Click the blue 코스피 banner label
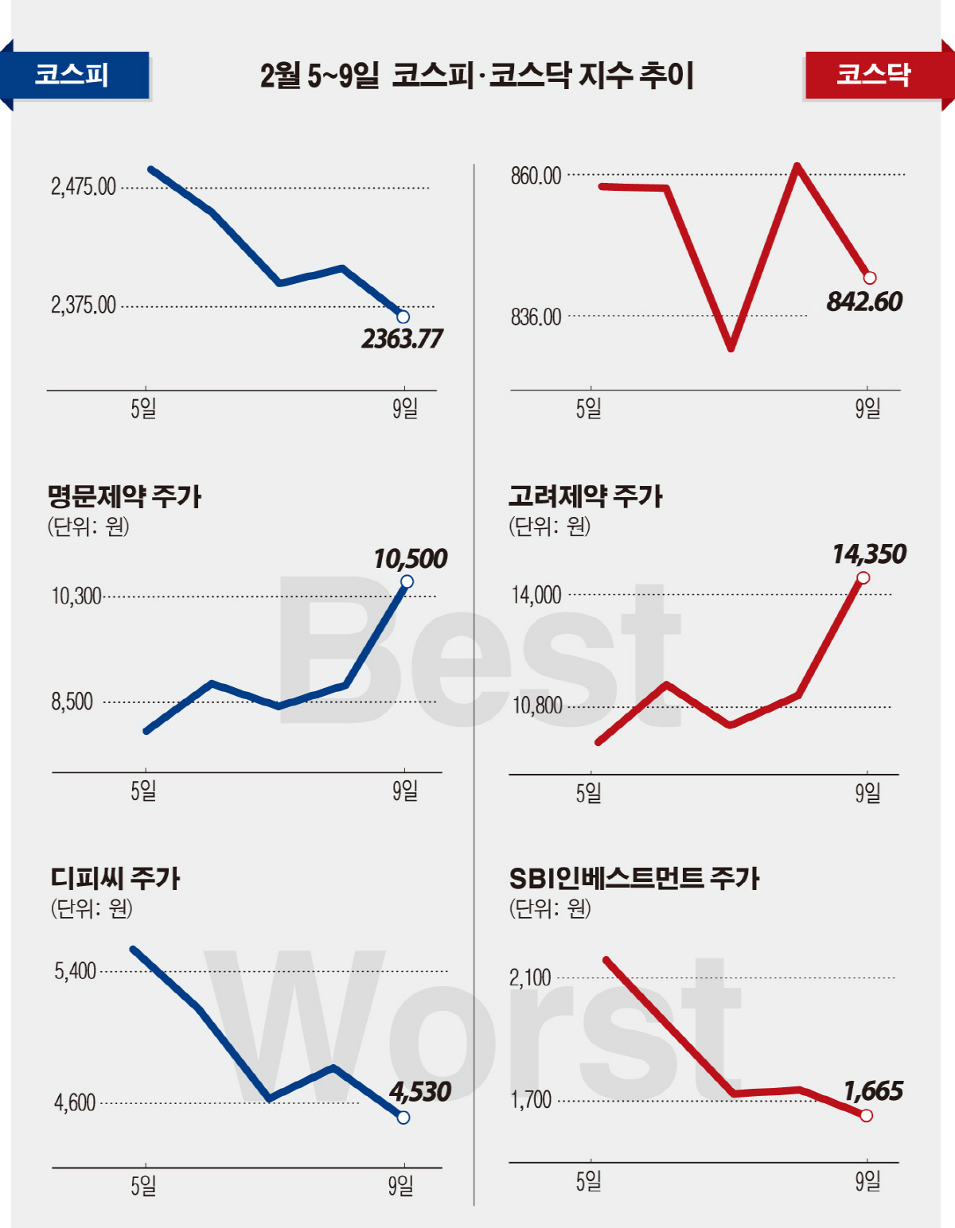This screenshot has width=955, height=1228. point(72,76)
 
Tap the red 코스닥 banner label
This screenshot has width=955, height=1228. point(873,75)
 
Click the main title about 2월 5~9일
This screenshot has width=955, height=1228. point(477,76)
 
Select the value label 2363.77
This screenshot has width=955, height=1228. point(402,340)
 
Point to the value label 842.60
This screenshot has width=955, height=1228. point(864,302)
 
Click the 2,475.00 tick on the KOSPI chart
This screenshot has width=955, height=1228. point(84,188)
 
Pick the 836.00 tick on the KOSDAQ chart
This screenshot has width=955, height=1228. point(536,317)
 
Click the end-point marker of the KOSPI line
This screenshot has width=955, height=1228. point(403,317)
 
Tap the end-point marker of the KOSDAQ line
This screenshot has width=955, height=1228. point(870,278)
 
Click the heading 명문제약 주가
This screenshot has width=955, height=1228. point(124,496)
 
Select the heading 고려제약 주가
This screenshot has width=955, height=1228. point(586,496)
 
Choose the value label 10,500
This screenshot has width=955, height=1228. point(411,559)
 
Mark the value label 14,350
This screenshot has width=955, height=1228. point(869,554)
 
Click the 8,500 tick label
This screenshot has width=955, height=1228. point(72,701)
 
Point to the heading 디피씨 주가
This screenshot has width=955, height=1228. point(115,878)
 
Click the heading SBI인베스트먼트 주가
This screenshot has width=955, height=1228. point(634,878)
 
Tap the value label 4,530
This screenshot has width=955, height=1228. point(420,1092)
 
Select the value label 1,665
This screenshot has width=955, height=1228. point(873,1091)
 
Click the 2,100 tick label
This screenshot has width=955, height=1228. point(530,977)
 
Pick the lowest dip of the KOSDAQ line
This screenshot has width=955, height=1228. point(731,348)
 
